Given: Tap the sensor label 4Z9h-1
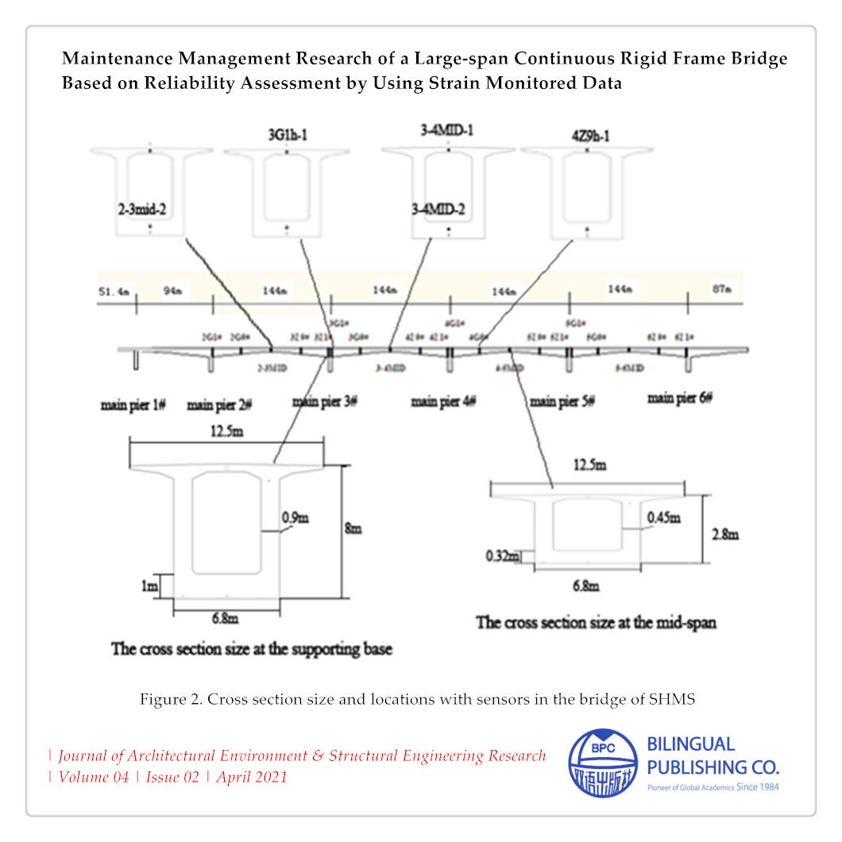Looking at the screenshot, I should (588, 135).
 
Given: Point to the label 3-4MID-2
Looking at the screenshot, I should (439, 210).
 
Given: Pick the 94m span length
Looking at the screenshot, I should (173, 292).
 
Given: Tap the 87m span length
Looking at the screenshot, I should (721, 290).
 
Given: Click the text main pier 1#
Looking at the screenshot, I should (132, 405).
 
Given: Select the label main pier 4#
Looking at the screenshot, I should (443, 401).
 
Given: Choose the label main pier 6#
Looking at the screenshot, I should (680, 398).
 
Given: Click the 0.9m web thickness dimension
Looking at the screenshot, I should (295, 519).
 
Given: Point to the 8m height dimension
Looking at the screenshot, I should (353, 528).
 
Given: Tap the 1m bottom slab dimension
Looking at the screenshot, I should (149, 585).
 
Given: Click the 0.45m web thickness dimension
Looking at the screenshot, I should (663, 519).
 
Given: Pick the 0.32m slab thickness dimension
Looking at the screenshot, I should (502, 556).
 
